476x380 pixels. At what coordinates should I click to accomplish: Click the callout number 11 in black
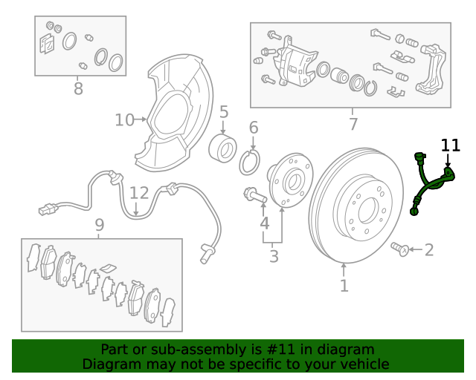click(x=451, y=145)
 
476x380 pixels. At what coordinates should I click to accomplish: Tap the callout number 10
click(x=124, y=120)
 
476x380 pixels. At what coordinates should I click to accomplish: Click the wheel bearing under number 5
click(x=223, y=148)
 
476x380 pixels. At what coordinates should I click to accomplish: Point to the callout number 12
click(x=140, y=193)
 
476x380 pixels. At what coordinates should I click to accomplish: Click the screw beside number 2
click(x=400, y=249)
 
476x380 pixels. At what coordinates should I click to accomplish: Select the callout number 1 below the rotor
click(x=344, y=286)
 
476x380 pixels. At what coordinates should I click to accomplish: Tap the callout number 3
click(x=274, y=256)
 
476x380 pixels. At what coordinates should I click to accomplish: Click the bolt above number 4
click(x=256, y=195)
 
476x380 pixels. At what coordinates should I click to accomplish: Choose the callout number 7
click(x=353, y=124)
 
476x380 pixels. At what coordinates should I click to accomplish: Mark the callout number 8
click(x=78, y=89)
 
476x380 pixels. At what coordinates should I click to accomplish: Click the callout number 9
click(x=100, y=225)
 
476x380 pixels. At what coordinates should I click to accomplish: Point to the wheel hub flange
click(x=290, y=181)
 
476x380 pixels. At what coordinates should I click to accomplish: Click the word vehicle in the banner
click(x=367, y=364)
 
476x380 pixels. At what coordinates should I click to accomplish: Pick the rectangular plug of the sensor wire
click(x=47, y=209)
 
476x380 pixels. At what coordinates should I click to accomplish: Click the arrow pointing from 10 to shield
click(x=141, y=119)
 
